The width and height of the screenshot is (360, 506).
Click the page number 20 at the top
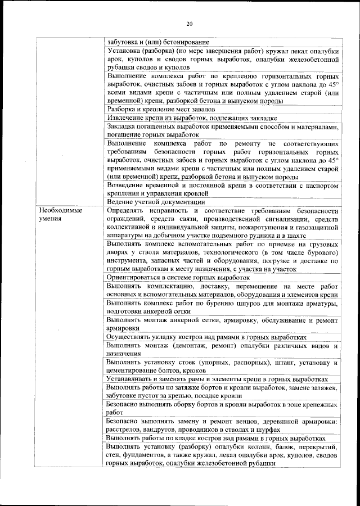(x=190, y=23)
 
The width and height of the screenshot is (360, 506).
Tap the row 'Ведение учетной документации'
(x=147, y=202)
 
